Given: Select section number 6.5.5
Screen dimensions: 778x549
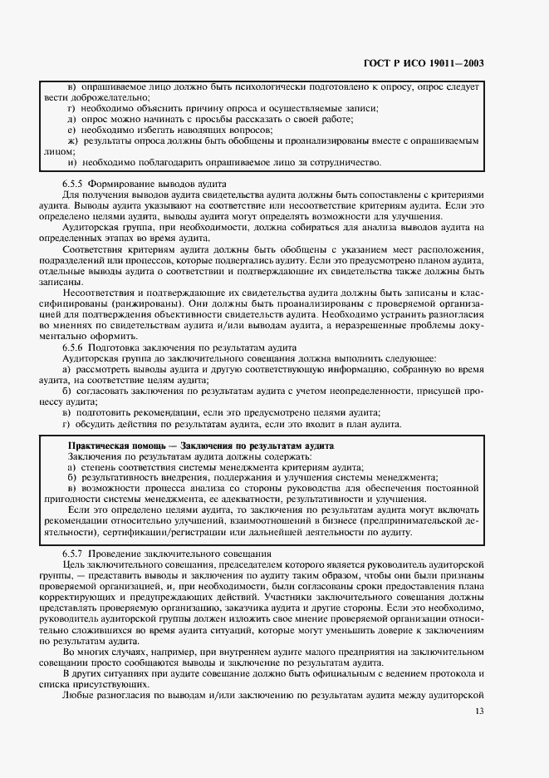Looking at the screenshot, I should pyautogui.click(x=76, y=183).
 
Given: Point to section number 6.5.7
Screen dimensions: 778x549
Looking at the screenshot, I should pyautogui.click(x=76, y=554).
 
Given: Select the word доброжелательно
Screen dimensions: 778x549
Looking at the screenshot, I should pyautogui.click(x=110, y=97).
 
